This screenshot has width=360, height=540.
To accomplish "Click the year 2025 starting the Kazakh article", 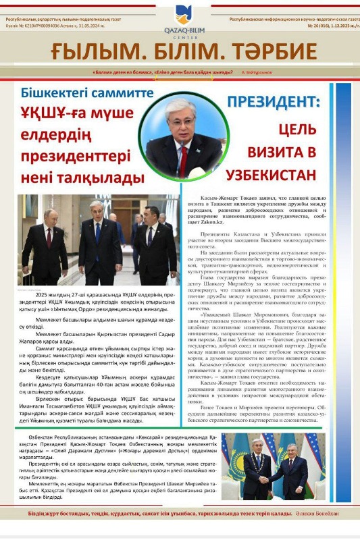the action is pyautogui.click(x=43, y=295).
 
